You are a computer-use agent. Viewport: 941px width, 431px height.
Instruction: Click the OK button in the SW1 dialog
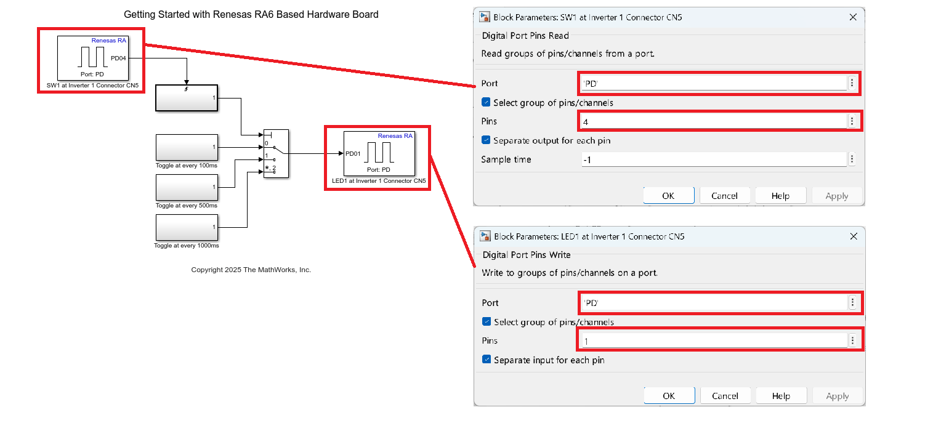coord(668,196)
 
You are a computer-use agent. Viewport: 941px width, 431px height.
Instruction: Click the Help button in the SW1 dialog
coord(780,196)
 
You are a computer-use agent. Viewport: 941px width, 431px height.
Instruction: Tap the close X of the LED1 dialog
coord(854,236)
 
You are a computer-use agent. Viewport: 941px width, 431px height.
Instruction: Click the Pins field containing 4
coord(714,122)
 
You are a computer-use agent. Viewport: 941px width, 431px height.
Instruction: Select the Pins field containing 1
coord(714,341)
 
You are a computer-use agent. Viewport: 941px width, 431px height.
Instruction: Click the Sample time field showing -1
coord(714,160)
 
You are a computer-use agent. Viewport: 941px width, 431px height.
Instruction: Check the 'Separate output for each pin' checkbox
coord(487,140)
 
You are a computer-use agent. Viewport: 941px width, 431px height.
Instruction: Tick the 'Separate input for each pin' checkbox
coord(487,360)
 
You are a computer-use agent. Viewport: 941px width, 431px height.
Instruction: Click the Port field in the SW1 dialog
coord(714,83)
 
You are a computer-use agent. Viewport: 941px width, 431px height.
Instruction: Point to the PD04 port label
coord(118,58)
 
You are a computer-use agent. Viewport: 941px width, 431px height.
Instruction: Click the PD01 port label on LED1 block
coord(353,154)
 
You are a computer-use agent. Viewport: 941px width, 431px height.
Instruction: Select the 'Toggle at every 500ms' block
coord(187,187)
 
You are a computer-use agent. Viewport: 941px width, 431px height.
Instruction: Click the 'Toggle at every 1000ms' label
coord(187,246)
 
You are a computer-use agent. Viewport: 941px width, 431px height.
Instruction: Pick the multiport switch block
coord(276,154)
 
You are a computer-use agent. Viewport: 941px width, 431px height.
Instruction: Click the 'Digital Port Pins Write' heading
coord(526,255)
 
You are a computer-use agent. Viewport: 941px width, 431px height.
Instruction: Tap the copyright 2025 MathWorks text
coord(251,270)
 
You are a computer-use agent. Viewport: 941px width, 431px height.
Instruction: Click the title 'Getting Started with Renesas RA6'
coord(251,14)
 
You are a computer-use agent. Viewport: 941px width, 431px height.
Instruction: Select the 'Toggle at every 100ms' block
coord(187,147)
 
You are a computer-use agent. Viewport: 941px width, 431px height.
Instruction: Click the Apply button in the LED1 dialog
coord(837,396)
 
